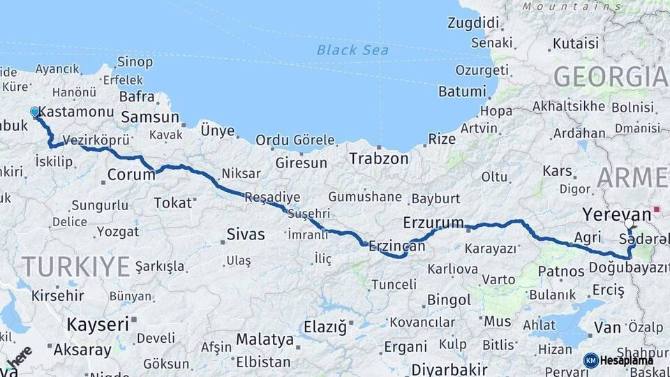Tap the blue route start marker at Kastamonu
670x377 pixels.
click(x=35, y=112)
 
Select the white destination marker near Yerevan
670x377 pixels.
click(x=630, y=225)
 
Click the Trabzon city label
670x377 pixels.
click(x=379, y=158)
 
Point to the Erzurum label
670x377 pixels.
click(x=433, y=223)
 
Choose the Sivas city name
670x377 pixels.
click(x=246, y=234)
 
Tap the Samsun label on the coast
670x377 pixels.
click(x=149, y=117)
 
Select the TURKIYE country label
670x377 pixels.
click(x=76, y=266)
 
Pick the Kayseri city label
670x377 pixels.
click(x=98, y=324)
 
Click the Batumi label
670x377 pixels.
click(x=462, y=91)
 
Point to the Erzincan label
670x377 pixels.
click(x=396, y=246)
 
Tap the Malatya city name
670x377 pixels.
click(x=265, y=339)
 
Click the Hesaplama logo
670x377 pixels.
click(x=618, y=360)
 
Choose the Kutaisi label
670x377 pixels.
click(x=576, y=44)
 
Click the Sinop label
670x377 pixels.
click(x=135, y=62)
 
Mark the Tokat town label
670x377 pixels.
click(x=172, y=202)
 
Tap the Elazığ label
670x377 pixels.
click(x=325, y=326)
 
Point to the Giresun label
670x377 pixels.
click(x=301, y=163)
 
